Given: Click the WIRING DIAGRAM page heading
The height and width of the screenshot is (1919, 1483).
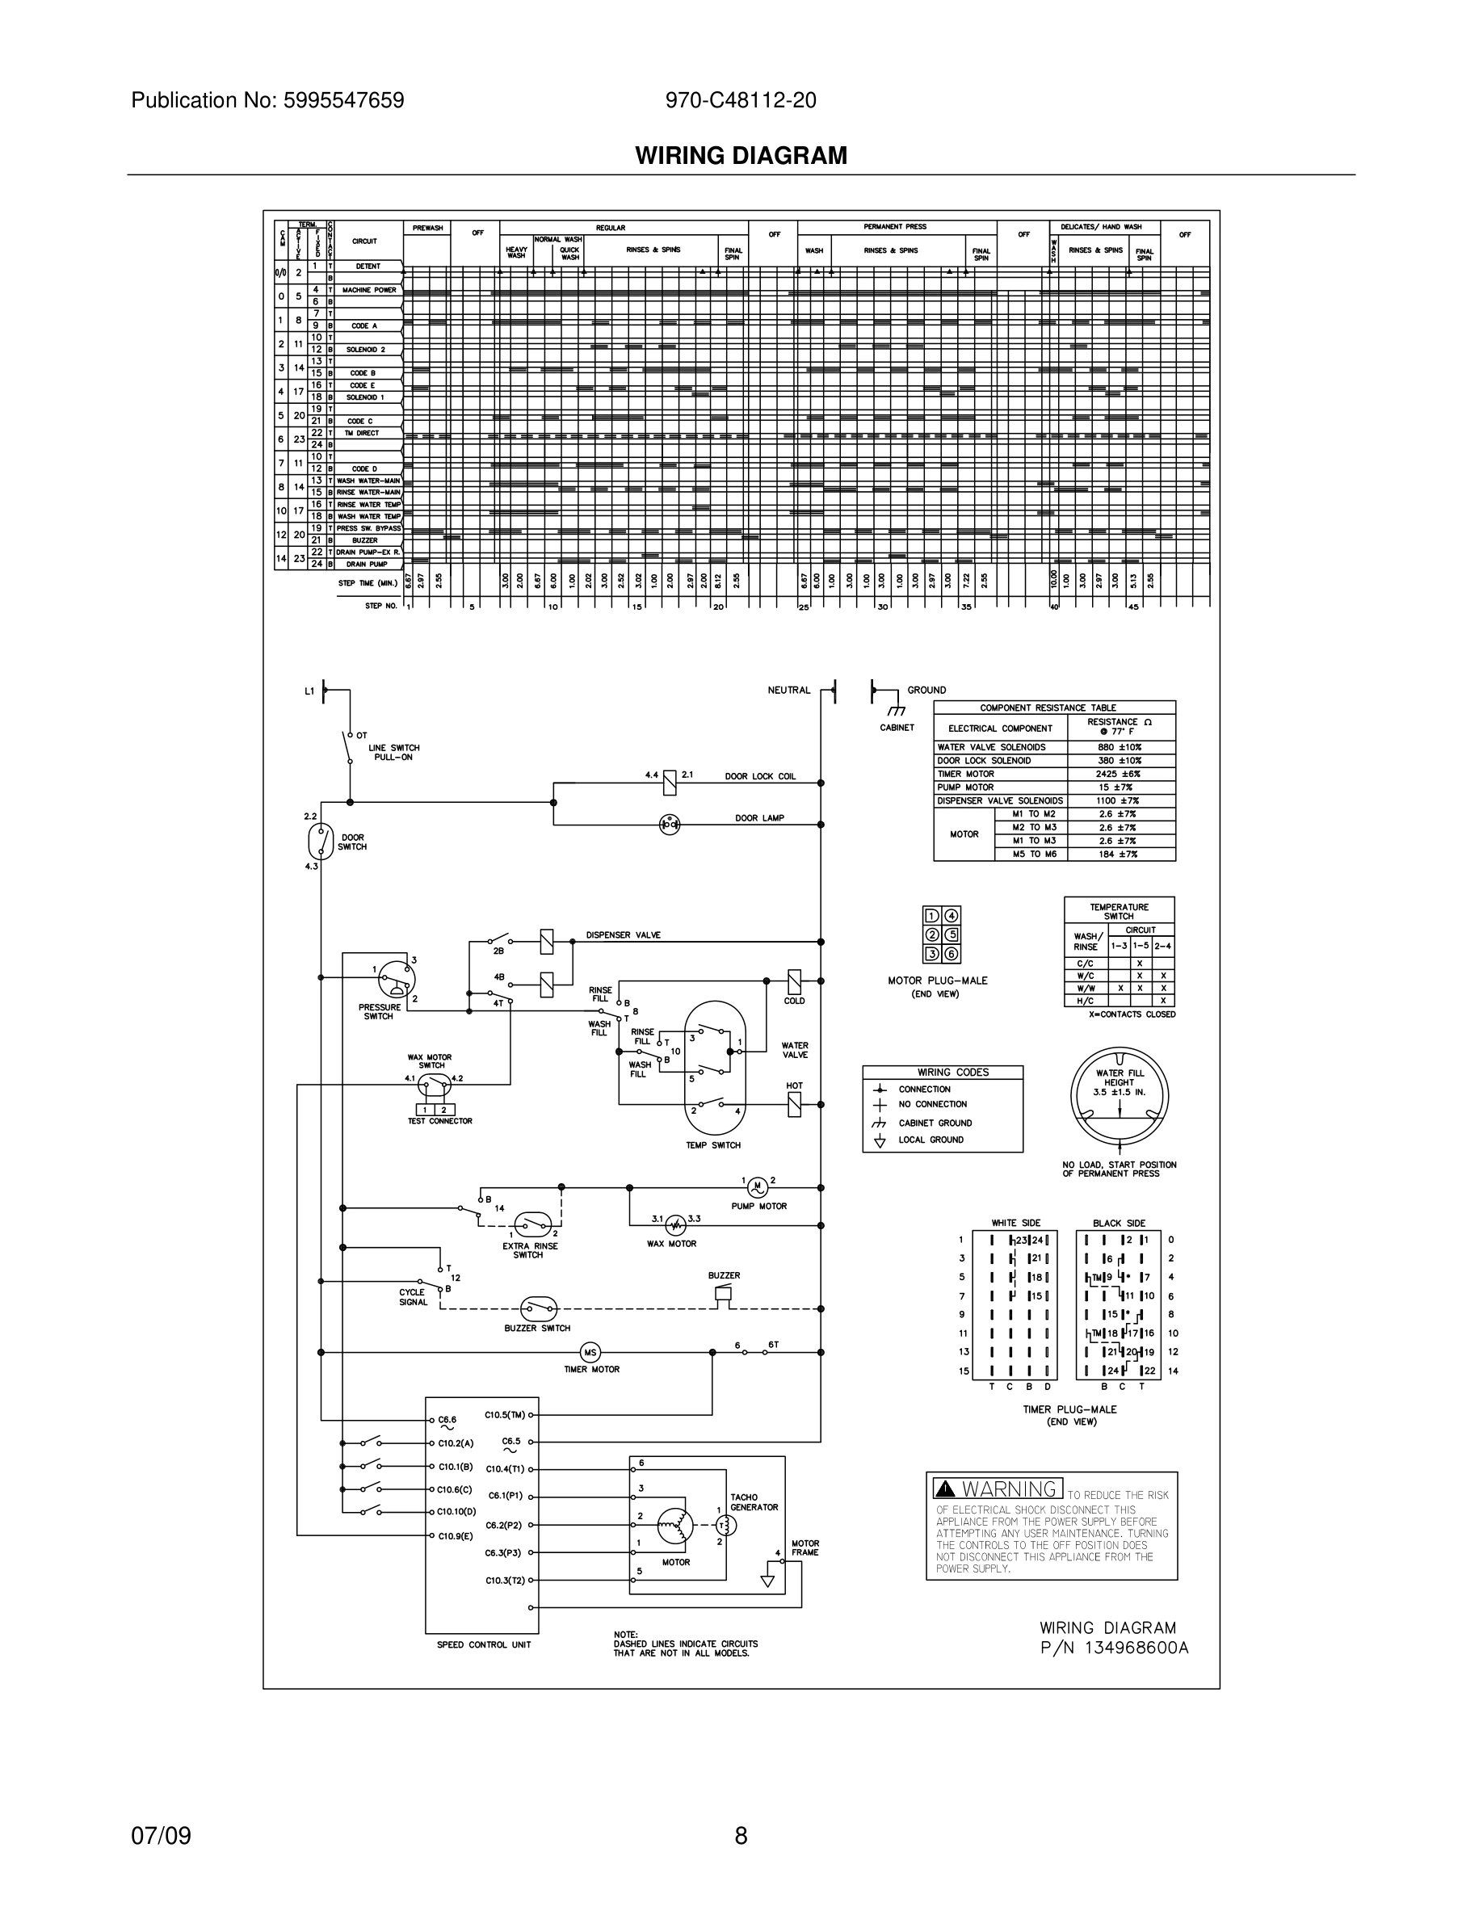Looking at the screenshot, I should point(741,156).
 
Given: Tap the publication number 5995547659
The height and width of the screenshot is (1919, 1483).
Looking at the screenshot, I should point(342,100).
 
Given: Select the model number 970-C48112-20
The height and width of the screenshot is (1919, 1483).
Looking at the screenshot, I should point(741,100).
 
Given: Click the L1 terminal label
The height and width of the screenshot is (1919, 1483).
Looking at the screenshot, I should point(309,691).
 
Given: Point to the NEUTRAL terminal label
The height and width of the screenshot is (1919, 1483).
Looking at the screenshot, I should point(788,690).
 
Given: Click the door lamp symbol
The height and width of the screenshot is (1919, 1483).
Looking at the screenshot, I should point(670,823).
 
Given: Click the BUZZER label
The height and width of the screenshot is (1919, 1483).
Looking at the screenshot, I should point(724,1275).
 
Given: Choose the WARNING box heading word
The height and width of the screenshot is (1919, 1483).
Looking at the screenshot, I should point(1009,1489).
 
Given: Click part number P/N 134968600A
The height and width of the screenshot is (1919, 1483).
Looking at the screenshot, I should point(1114,1648).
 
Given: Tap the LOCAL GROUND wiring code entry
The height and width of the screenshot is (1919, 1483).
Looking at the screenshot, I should point(931,1140).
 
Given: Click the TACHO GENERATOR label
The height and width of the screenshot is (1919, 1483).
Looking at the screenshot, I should point(754,1502).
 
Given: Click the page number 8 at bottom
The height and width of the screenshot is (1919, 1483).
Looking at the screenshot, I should point(741,1836).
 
